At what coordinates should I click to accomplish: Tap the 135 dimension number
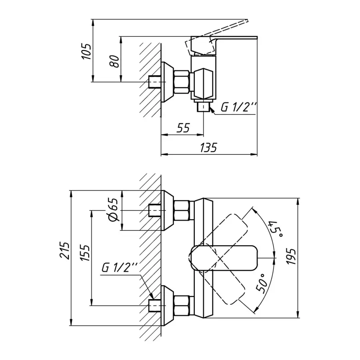tap(208, 148)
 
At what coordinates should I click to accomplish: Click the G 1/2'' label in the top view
tap(239, 107)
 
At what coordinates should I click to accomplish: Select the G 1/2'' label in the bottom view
tap(120, 267)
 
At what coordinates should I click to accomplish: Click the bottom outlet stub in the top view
tap(204, 106)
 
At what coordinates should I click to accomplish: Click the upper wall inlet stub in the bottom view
tap(154, 211)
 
